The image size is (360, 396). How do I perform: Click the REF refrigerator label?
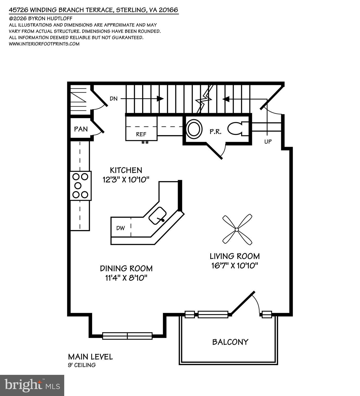(141, 134)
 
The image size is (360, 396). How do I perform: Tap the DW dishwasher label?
(120, 228)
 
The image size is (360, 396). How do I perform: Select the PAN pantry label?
(81, 129)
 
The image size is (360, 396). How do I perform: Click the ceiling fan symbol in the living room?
(237, 229)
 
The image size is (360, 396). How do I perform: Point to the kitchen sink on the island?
(158, 216)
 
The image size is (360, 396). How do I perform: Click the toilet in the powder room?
(238, 128)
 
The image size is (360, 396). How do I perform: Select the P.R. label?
(215, 132)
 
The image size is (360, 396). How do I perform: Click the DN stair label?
(113, 99)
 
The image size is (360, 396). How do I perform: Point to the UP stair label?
(268, 141)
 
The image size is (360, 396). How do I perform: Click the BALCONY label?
(230, 342)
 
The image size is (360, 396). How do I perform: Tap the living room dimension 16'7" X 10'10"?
(235, 265)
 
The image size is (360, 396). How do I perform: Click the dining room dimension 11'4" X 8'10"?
(126, 278)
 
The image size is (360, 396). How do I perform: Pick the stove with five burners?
(80, 185)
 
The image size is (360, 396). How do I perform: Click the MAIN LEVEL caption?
(90, 357)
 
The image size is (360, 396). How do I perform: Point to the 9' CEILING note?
(81, 365)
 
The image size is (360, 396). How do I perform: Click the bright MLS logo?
(32, 385)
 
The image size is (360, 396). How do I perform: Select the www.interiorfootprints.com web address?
(44, 44)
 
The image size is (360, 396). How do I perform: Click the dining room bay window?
(127, 336)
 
